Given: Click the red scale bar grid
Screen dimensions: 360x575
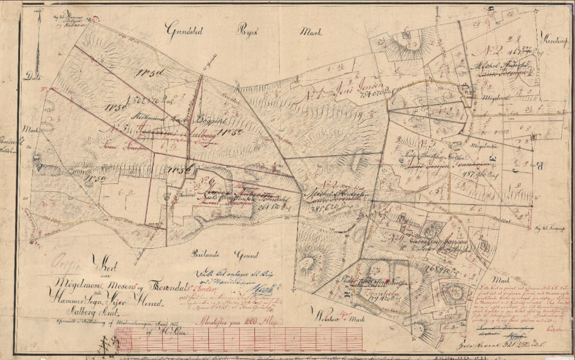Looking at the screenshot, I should click(255, 340).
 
